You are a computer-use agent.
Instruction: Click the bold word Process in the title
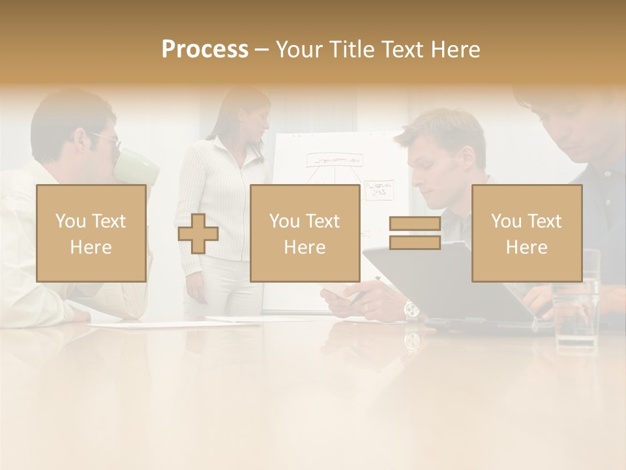point(205,50)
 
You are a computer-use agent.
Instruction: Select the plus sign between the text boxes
point(198,234)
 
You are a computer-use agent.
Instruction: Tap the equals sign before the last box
point(415,234)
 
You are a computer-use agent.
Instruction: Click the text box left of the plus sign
point(91,234)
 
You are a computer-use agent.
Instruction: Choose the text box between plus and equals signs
point(305,234)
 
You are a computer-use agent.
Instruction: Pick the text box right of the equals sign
point(527,234)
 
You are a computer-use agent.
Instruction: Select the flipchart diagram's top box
point(336,159)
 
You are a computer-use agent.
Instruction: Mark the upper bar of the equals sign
point(415,224)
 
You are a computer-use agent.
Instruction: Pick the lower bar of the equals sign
point(415,243)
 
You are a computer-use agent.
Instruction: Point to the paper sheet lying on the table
point(163,322)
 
